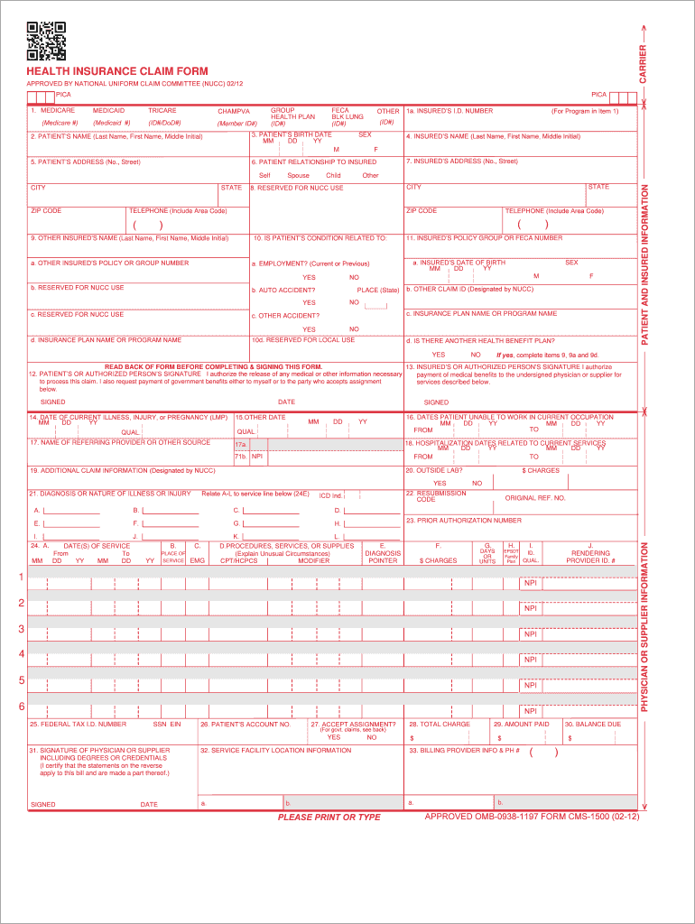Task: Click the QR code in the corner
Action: (46, 41)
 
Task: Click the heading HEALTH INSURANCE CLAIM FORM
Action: (117, 71)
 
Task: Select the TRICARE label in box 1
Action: (162, 110)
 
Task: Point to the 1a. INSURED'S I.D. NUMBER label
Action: (449, 111)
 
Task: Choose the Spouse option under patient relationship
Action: (298, 175)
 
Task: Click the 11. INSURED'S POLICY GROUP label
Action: (484, 238)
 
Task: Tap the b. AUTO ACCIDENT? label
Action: (283, 291)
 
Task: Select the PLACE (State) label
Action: (377, 291)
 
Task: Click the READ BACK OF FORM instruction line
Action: (213, 366)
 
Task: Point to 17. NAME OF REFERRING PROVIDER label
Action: (120, 442)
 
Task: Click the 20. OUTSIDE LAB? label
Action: (436, 470)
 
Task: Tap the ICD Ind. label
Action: (330, 495)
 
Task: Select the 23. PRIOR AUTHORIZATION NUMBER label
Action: (463, 520)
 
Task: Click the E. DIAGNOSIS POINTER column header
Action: (383, 553)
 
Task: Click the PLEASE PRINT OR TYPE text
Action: (329, 818)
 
